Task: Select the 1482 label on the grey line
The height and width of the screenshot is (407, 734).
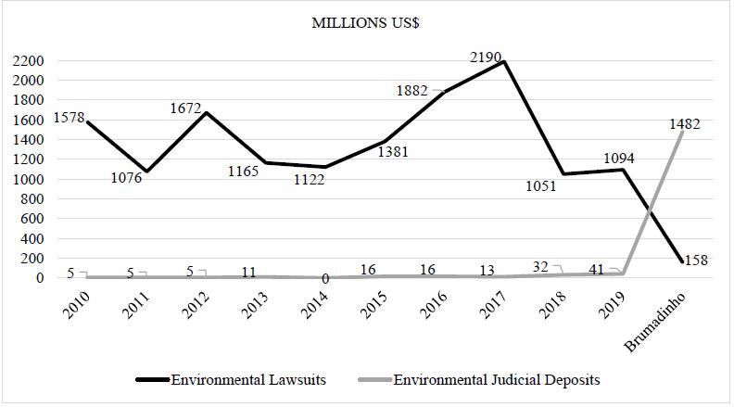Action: click(682, 123)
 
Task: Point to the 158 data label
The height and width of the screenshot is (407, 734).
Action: click(693, 261)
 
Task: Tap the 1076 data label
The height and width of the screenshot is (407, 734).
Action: click(127, 178)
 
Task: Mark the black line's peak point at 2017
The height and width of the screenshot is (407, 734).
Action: click(504, 62)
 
